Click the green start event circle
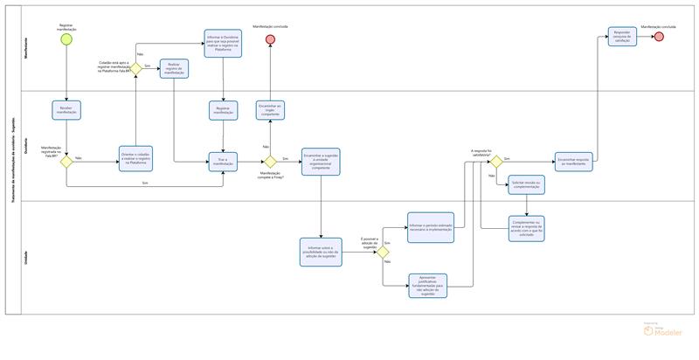click(x=66, y=40)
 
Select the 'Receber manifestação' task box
click(x=66, y=110)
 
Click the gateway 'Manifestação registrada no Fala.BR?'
click(x=66, y=162)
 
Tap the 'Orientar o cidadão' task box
click(x=136, y=157)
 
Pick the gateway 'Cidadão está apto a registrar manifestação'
click(x=136, y=68)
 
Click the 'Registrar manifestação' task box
click(x=223, y=111)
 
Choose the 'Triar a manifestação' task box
click(x=223, y=162)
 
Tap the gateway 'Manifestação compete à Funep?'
click(x=271, y=162)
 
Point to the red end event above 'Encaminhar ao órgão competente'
click(x=271, y=41)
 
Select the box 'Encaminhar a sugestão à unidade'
click(x=321, y=162)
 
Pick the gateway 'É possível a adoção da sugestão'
click(x=383, y=253)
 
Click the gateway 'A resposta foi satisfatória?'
click(x=496, y=162)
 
